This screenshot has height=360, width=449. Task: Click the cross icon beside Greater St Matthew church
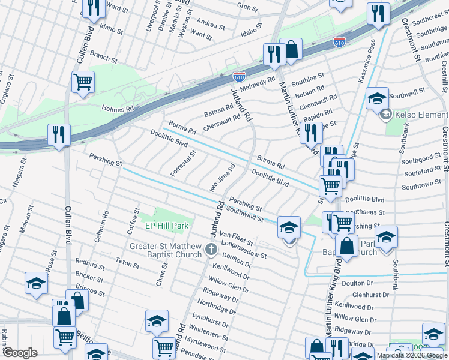coord(211,249)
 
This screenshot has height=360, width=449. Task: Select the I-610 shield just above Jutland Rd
coord(239,76)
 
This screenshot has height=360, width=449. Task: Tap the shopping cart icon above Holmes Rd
coord(83,82)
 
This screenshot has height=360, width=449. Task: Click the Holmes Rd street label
coord(118,109)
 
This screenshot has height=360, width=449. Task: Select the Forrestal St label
coord(183,163)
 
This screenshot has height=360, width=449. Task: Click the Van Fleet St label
coord(237,238)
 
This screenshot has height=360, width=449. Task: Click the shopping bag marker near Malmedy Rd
coord(291,50)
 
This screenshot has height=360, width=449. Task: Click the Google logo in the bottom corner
coord(20,353)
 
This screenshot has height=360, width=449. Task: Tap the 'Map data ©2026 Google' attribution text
coord(412,355)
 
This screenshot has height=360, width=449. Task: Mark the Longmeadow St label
coord(244,250)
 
